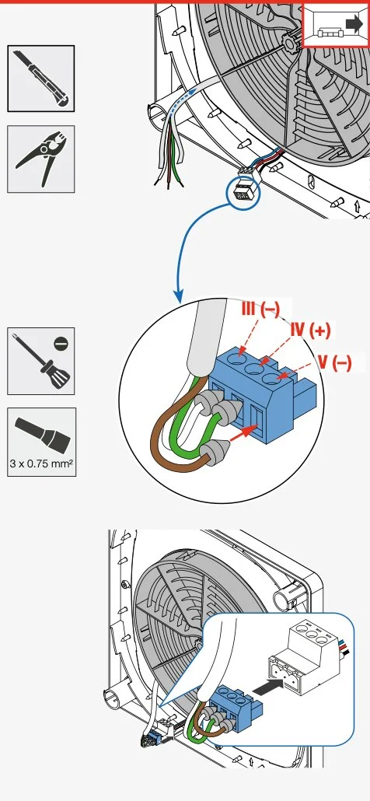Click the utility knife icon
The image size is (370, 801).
pyautogui.click(x=41, y=78)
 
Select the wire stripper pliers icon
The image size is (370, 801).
pyautogui.click(x=41, y=159)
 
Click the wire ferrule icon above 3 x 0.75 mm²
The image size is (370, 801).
pyautogui.click(x=42, y=435)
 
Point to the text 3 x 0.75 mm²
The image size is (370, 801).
pyautogui.click(x=41, y=464)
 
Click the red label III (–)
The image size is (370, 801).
pyautogui.click(x=260, y=309)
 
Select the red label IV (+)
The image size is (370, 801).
pyautogui.click(x=310, y=331)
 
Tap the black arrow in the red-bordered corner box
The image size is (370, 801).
pyautogui.click(x=353, y=24)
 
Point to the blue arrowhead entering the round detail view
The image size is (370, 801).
pyautogui.click(x=178, y=296)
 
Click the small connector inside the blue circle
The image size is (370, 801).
pyautogui.click(x=243, y=191)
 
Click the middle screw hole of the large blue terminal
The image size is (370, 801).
pyautogui.click(x=253, y=368)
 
